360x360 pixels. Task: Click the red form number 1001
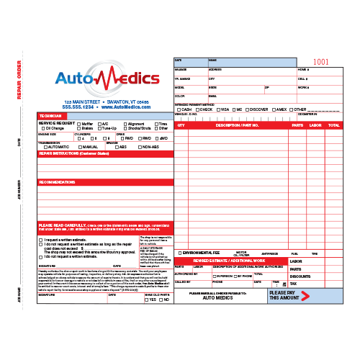click(321, 63)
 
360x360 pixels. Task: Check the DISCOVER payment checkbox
click(246, 109)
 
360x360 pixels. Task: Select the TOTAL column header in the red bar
click(333, 125)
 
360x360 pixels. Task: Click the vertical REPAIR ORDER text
click(20, 79)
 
